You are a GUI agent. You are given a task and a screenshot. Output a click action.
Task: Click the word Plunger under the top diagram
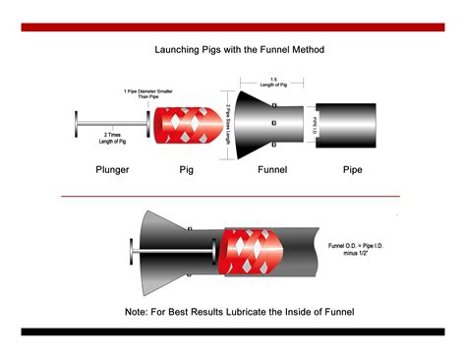[x=112, y=170]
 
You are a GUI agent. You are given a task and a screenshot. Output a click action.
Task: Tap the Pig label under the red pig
[x=186, y=170]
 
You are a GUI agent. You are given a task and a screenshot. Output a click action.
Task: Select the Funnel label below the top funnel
[x=271, y=170]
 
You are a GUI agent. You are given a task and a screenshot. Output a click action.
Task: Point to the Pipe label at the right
[x=352, y=170]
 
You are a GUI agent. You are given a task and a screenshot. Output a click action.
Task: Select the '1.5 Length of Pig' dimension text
[x=271, y=83]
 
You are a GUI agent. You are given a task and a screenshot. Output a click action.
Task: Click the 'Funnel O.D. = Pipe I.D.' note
[x=360, y=246]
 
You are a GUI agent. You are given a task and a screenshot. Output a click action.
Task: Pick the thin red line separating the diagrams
[x=233, y=196]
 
